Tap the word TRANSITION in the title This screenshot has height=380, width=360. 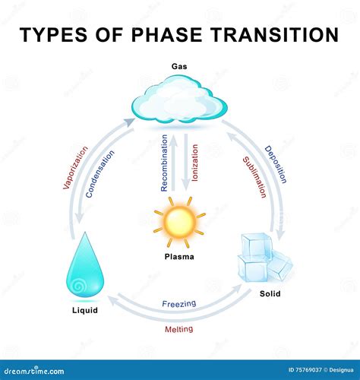point(273,34)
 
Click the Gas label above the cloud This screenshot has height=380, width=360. point(180,67)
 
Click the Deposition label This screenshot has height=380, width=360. point(276,164)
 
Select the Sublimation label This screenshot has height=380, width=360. point(254,176)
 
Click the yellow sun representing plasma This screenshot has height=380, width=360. point(179,221)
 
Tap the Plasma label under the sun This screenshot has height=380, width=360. point(179,257)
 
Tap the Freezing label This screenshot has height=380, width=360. point(179,304)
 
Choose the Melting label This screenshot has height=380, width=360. point(179,329)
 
